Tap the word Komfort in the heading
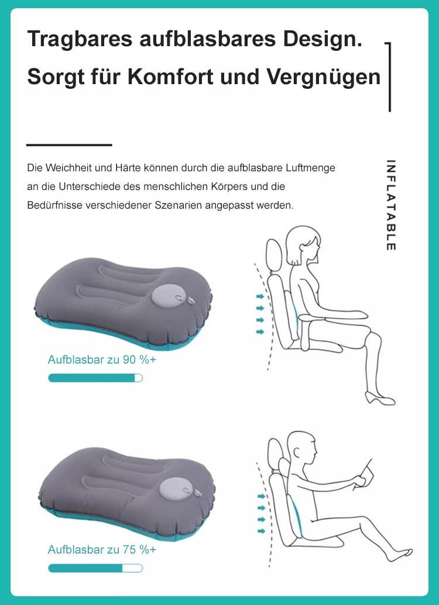point(170,77)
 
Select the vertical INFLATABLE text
point(390,205)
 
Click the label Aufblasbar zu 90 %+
point(102,359)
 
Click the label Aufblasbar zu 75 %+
point(102,549)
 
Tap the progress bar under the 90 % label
point(95,378)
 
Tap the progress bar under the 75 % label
point(95,568)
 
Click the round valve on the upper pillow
point(167,296)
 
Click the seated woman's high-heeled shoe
point(380,399)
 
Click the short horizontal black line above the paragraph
point(69,145)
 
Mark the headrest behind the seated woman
point(275,255)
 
